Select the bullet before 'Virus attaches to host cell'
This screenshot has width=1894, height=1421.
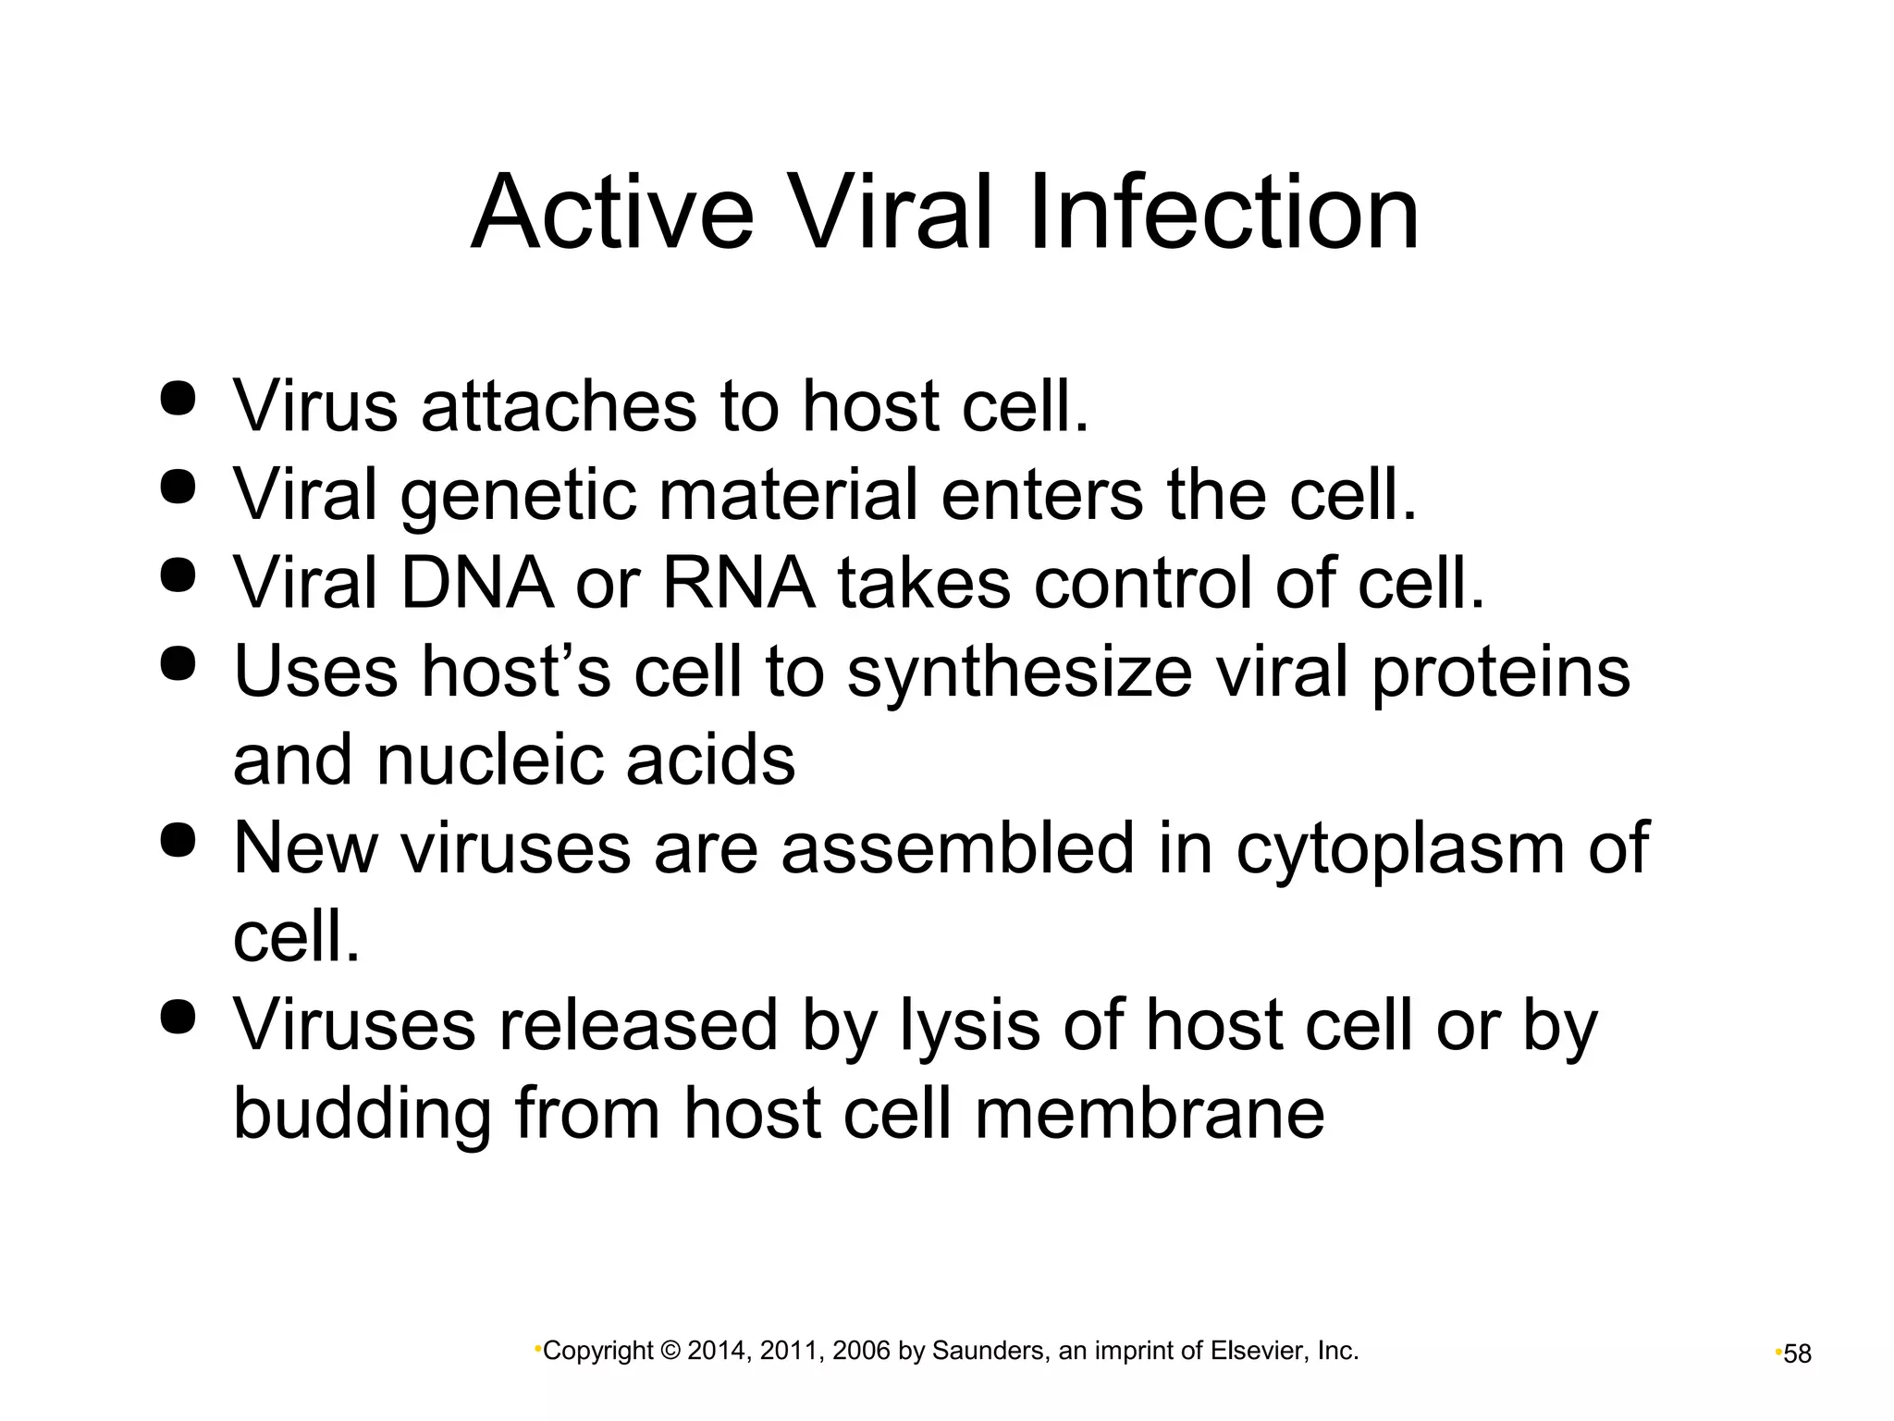(x=178, y=399)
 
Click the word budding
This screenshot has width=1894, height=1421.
(x=362, y=1114)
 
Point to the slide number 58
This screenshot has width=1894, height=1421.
(x=1797, y=1354)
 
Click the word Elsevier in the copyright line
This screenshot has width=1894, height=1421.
(x=1259, y=1352)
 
